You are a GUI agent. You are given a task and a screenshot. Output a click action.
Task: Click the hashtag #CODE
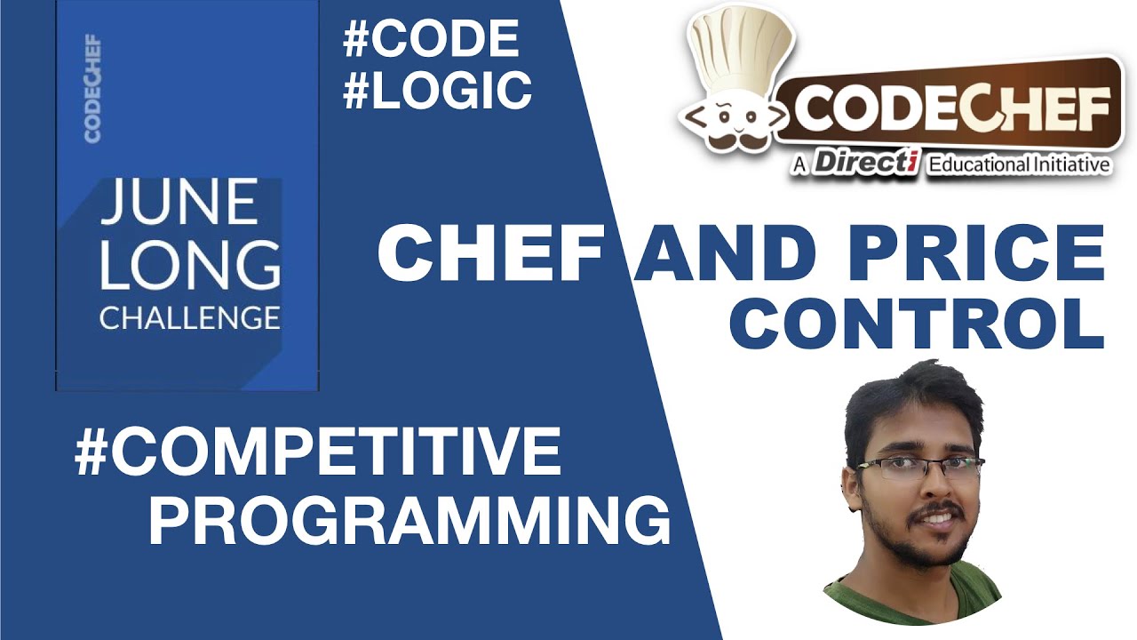pos(430,39)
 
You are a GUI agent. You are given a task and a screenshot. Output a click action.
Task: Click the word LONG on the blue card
pos(189,265)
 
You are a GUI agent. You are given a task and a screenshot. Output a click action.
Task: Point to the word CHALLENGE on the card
pos(189,317)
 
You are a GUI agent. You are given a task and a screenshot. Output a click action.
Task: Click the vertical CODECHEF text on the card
pos(92,89)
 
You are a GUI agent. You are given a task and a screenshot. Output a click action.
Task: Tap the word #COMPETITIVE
pos(318,452)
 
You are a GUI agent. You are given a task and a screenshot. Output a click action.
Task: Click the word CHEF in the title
pos(489,253)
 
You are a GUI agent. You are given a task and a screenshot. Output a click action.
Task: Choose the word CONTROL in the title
pos(916,324)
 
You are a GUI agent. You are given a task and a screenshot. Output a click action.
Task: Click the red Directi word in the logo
pos(865,164)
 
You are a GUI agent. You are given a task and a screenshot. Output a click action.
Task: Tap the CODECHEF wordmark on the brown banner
pos(950,111)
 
